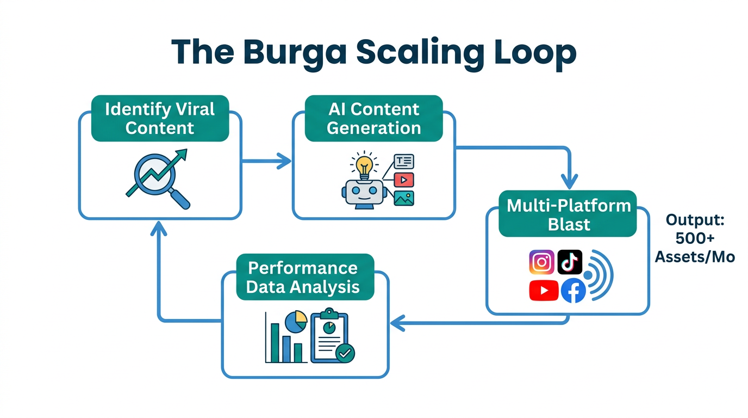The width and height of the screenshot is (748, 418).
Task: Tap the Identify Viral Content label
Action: point(160,119)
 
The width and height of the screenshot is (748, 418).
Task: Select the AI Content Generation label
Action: point(373,119)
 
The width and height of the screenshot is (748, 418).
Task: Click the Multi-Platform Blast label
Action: point(568,214)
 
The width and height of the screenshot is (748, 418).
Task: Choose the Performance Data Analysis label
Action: point(303,277)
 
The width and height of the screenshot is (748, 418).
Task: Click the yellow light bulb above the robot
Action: point(364,164)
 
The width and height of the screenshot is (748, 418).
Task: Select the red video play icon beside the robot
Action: point(404,180)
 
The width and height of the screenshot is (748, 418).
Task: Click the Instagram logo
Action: point(541,262)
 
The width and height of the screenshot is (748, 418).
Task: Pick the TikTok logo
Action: point(570,262)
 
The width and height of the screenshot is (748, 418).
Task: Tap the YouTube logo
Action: point(543,291)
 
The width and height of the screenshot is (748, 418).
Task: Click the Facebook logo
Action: point(573,291)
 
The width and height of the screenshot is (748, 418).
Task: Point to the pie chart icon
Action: point(296,322)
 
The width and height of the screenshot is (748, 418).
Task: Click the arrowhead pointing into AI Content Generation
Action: point(285,161)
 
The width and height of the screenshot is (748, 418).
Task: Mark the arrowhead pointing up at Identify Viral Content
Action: point(158,229)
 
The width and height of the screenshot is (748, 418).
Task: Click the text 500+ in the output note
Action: point(694,238)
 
